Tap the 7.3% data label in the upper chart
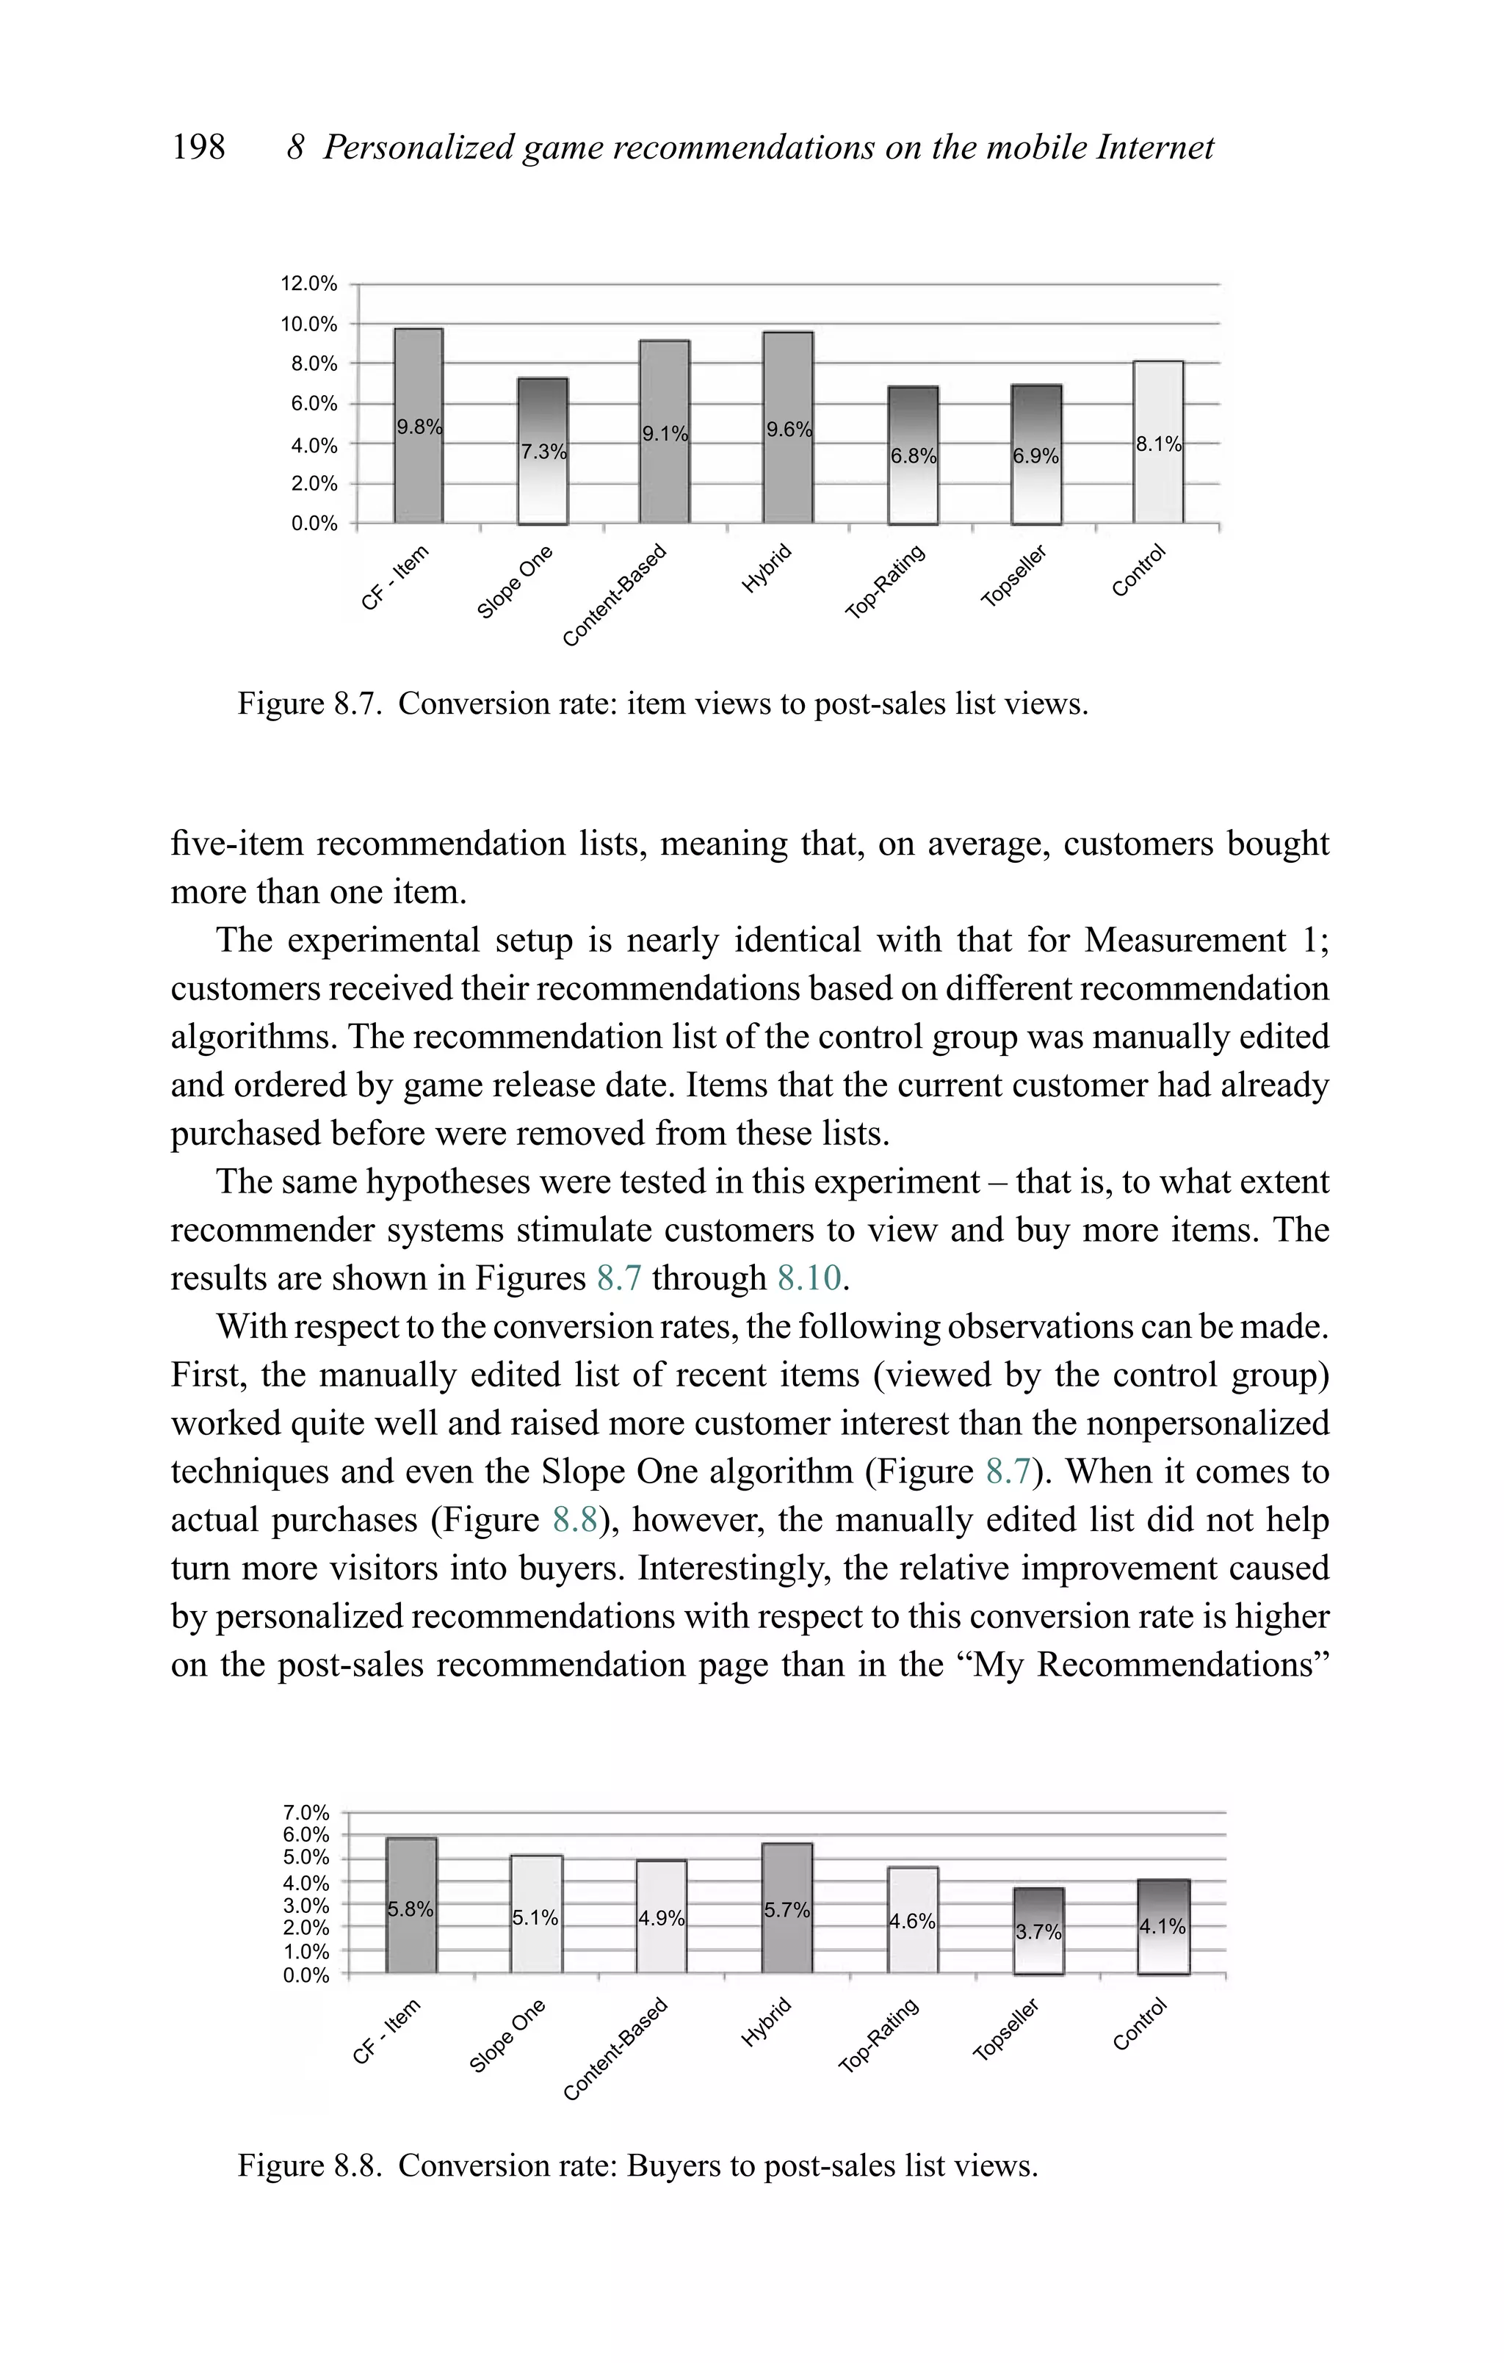pos(543,452)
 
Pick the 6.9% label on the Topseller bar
pos(1035,456)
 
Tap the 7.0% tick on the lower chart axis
pos(305,1812)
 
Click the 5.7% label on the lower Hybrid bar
pos(787,1910)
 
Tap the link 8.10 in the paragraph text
pos(809,1278)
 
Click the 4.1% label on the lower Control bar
pos(1163,1926)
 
